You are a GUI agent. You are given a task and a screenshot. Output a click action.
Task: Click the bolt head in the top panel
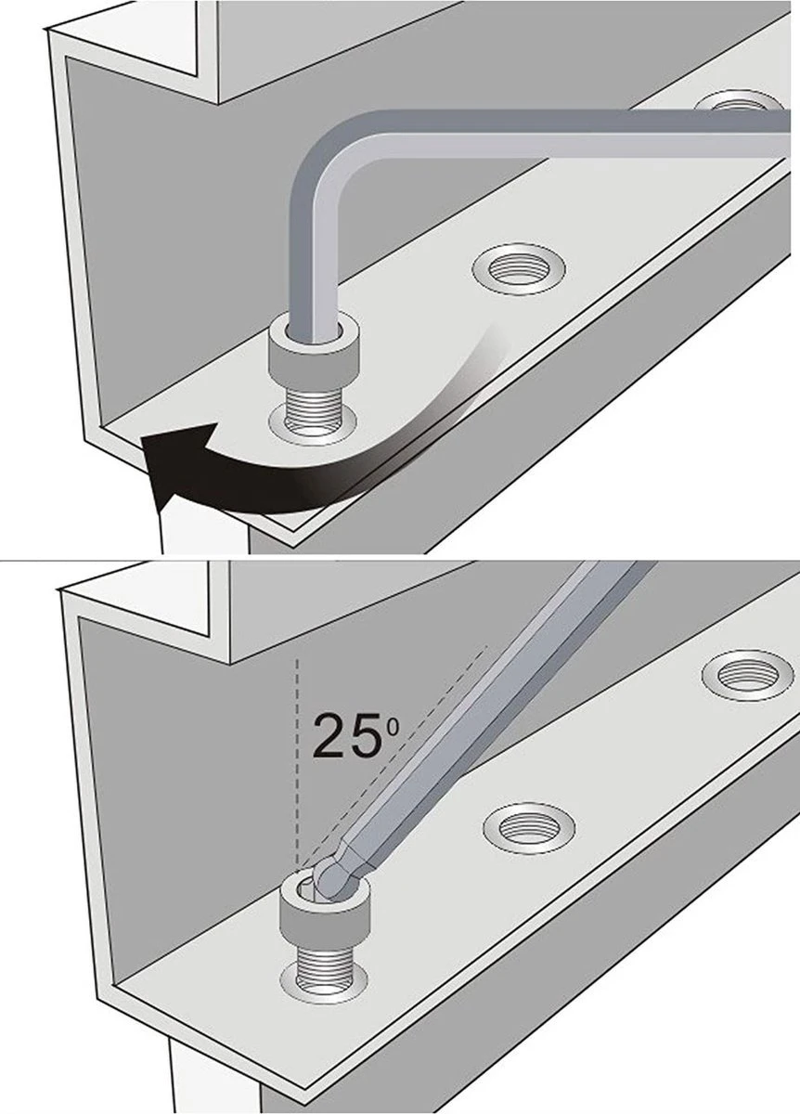click(x=313, y=353)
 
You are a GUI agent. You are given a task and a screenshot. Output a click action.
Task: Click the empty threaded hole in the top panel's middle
click(x=519, y=269)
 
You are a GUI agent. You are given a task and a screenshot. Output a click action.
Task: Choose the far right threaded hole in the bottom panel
click(x=748, y=675)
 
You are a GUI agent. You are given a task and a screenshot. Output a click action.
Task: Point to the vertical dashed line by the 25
click(x=297, y=765)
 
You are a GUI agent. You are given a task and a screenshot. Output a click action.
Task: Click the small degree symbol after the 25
click(x=393, y=729)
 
